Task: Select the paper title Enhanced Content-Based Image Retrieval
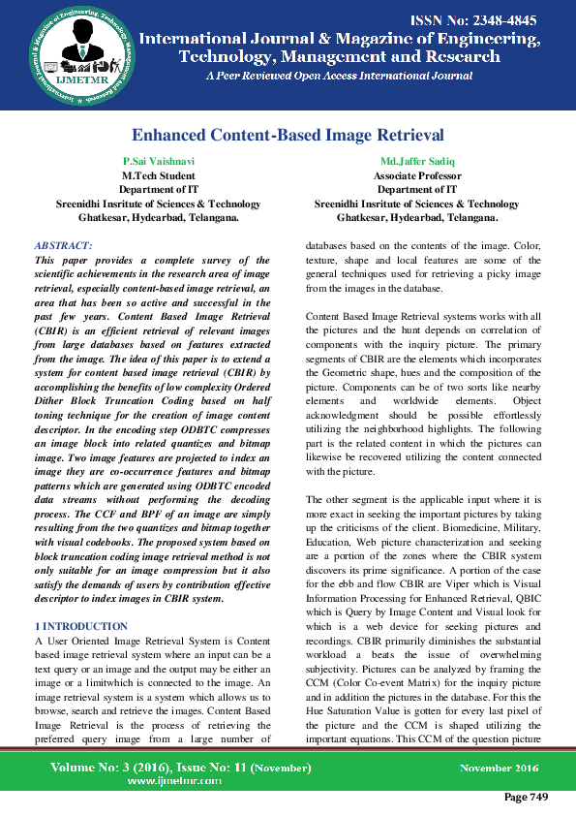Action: coord(288,135)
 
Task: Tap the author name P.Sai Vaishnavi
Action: coord(159,160)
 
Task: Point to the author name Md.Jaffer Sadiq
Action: coord(416,160)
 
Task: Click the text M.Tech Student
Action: coord(159,175)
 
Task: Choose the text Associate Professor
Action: coord(416,175)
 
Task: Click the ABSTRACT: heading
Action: coord(63,246)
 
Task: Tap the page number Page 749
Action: coord(526,797)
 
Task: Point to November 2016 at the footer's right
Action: coord(497,768)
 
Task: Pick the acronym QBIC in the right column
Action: coord(521,599)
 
